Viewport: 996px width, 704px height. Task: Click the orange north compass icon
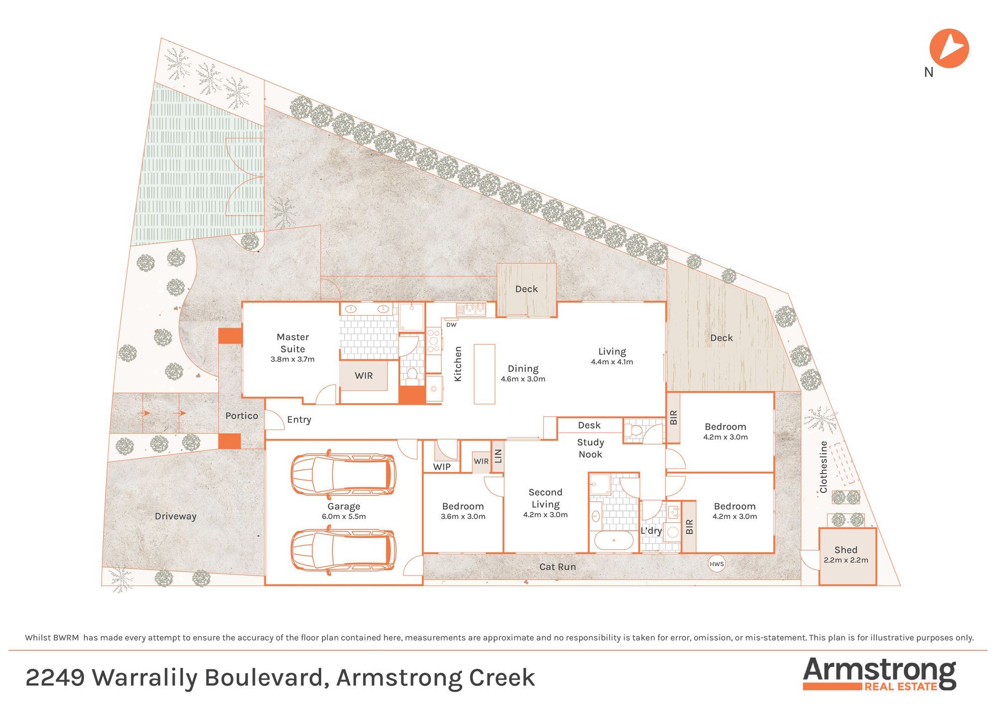pos(949,48)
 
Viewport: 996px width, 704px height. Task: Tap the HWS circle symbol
pos(717,564)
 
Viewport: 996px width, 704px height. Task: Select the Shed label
pos(846,550)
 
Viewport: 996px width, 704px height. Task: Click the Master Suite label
pos(293,343)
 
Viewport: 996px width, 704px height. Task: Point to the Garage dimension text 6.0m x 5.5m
pos(344,516)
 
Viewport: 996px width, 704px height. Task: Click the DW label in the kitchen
pos(451,325)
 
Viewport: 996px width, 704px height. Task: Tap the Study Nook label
pos(590,448)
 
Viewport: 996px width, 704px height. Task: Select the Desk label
pos(589,425)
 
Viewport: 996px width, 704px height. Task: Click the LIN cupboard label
pos(498,456)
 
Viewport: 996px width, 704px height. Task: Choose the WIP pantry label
pos(442,467)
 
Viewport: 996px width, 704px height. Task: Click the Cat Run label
pos(557,567)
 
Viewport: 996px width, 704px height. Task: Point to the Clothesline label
pos(823,467)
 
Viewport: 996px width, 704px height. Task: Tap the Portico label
pos(242,416)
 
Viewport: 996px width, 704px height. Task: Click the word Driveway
pos(175,516)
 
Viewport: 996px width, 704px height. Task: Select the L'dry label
pos(651,530)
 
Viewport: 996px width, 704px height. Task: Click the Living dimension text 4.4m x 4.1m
pos(612,362)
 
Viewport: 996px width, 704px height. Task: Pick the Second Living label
pos(545,498)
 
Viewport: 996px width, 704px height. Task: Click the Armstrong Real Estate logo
pos(879,674)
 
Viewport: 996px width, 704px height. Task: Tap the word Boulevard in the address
pos(266,678)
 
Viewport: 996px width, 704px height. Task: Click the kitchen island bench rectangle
pos(484,374)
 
